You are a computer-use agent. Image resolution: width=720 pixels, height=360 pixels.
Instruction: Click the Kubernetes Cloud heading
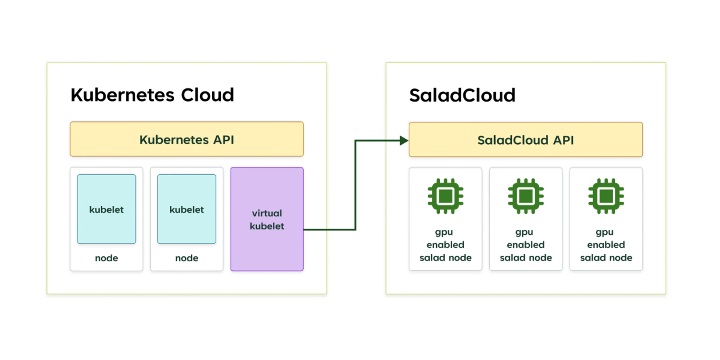[x=152, y=95]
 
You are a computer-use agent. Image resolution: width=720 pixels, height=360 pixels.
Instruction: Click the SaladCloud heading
[x=462, y=95]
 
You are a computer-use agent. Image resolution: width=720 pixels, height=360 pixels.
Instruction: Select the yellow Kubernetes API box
[x=186, y=139]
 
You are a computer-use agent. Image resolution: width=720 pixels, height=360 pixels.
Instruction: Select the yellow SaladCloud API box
[x=526, y=140]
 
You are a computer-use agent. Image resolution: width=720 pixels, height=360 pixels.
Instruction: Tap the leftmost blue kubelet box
[x=107, y=209]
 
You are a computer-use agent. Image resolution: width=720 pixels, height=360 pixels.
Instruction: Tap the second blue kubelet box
[x=186, y=209]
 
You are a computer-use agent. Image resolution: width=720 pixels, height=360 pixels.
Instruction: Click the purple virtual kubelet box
[x=267, y=219]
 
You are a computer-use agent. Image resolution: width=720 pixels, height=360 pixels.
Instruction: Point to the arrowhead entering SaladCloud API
[x=404, y=141]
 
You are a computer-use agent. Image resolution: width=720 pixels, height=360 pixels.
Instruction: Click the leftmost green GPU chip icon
[x=445, y=196]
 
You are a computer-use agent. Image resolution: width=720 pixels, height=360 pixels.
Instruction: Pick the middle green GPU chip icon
[x=526, y=196]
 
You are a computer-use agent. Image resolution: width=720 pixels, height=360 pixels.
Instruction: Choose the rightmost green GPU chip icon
[x=606, y=196]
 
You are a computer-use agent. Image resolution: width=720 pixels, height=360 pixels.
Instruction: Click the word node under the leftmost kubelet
[x=107, y=258]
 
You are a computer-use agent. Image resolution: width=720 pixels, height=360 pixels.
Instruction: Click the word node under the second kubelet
[x=186, y=258]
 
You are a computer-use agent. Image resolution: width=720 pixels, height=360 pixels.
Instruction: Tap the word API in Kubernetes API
[x=224, y=140]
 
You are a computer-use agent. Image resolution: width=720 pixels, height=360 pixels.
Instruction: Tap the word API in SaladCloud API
[x=563, y=140]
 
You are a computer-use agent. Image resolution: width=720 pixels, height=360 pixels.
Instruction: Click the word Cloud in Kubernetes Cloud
[x=207, y=95]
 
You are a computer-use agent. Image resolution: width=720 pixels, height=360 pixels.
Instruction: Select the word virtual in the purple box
[x=267, y=213]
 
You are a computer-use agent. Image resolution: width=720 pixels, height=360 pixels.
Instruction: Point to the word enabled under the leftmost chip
[x=445, y=245]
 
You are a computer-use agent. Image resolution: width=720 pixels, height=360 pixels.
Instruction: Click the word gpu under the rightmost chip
[x=604, y=232]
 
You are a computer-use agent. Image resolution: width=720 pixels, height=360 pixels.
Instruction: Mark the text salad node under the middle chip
[x=526, y=258]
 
